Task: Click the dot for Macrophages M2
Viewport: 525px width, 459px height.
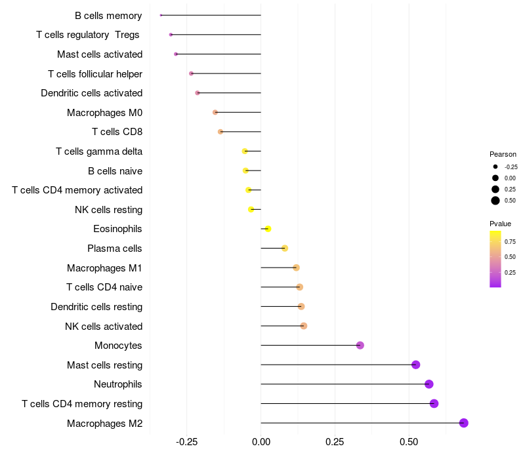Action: pyautogui.click(x=464, y=423)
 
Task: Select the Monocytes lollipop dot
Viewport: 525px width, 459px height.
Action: pyautogui.click(x=360, y=346)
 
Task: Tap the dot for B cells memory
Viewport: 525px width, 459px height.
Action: pyautogui.click(x=161, y=15)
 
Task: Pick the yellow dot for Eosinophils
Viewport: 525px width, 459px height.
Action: pyautogui.click(x=268, y=229)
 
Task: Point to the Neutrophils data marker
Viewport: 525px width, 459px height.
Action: pyautogui.click(x=429, y=384)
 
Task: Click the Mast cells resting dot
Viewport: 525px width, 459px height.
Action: pyautogui.click(x=415, y=365)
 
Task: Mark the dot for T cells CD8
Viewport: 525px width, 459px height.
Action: pyautogui.click(x=220, y=132)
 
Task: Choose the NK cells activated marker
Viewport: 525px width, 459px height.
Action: pyautogui.click(x=304, y=326)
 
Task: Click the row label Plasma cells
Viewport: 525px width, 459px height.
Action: pyautogui.click(x=115, y=249)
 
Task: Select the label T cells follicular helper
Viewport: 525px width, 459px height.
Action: pyautogui.click(x=95, y=73)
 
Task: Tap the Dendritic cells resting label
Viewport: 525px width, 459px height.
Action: pyautogui.click(x=96, y=307)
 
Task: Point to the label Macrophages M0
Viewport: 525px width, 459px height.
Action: pyautogui.click(x=104, y=113)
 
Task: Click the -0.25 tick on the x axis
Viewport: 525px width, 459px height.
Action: pyautogui.click(x=187, y=443)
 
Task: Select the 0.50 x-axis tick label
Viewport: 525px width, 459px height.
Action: pyautogui.click(x=409, y=443)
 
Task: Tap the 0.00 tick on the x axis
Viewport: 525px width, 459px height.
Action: pyautogui.click(x=261, y=443)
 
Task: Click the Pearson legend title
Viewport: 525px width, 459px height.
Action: pyautogui.click(x=503, y=154)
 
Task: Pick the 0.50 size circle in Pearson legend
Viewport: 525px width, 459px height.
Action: pyautogui.click(x=495, y=201)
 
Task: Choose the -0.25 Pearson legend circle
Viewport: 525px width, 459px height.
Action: pyautogui.click(x=495, y=167)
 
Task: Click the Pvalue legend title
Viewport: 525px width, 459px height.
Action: pyautogui.click(x=500, y=224)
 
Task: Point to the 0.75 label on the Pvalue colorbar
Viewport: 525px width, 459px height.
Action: pyautogui.click(x=510, y=241)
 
